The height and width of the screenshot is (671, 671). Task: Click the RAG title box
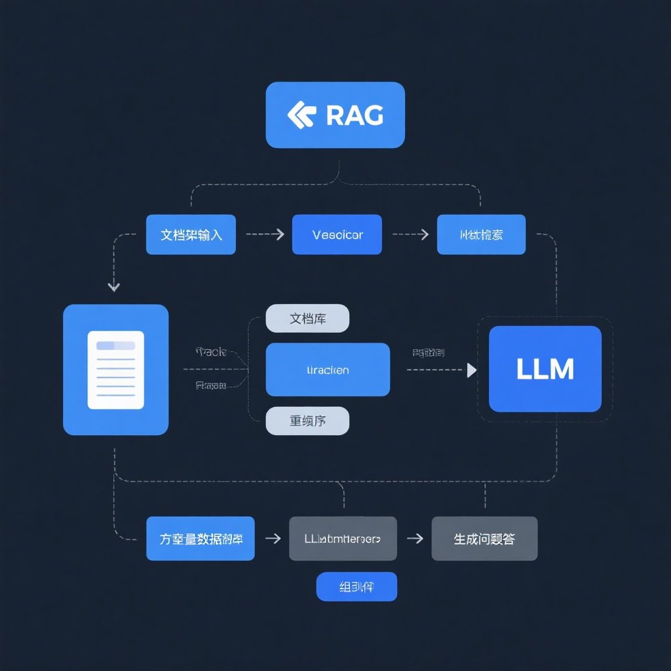335,115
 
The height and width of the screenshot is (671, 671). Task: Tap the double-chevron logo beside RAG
301,115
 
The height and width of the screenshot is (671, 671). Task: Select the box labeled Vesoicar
337,235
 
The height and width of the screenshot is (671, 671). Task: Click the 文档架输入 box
191,235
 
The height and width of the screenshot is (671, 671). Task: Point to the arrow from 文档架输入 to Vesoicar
264,235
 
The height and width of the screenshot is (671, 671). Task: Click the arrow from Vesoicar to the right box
410,235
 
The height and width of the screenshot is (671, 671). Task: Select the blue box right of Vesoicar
481,235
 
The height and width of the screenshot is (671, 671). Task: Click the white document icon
115,370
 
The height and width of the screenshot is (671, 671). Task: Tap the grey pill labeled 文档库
307,318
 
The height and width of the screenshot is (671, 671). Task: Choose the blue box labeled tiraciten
328,370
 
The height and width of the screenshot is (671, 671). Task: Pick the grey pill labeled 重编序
307,421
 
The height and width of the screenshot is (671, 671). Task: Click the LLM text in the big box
545,369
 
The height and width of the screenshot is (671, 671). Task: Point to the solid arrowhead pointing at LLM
472,370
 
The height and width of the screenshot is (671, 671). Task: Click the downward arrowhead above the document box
114,286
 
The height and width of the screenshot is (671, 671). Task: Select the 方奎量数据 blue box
200,539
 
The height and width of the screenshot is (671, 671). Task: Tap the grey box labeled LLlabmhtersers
343,539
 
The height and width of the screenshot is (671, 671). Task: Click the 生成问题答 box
484,539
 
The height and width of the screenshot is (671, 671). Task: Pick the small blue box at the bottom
356,586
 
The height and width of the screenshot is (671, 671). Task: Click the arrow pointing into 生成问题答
414,539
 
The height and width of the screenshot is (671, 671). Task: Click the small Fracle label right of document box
211,352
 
